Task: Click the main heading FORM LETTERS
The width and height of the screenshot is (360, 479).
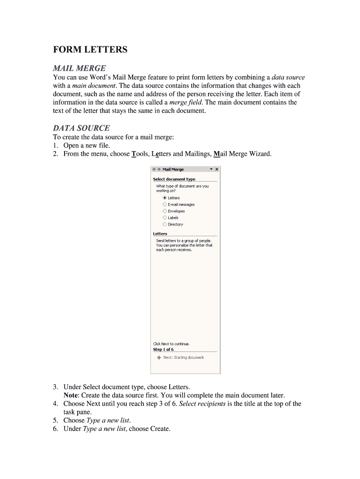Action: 90,50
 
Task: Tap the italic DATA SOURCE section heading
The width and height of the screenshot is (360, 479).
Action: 81,128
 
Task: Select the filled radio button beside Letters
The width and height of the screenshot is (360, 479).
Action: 165,198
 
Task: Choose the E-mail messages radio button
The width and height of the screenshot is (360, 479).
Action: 165,204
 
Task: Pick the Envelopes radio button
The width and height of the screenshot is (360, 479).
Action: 165,211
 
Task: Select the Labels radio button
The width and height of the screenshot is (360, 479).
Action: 165,218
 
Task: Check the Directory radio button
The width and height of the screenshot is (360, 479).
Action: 165,224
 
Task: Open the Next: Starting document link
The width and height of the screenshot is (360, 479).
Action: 183,357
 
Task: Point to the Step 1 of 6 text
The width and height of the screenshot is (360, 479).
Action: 163,349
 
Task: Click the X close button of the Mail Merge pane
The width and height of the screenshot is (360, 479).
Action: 216,169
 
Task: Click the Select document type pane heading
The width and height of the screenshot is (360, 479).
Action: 174,179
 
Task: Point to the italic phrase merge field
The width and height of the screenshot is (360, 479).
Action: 185,102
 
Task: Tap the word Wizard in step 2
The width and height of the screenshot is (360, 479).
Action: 260,153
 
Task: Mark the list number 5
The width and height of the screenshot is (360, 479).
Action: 55,420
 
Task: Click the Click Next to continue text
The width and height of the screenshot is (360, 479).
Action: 171,344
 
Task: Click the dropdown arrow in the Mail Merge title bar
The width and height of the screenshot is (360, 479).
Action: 211,169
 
